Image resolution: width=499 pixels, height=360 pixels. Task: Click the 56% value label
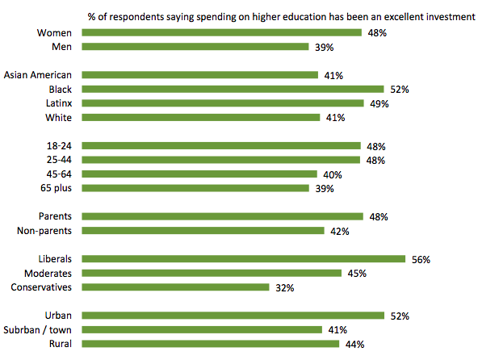(421, 259)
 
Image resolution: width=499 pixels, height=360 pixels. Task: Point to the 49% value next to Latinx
(379, 104)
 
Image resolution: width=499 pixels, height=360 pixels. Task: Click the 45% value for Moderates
(357, 274)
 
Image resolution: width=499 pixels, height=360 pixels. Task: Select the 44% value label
(354, 344)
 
